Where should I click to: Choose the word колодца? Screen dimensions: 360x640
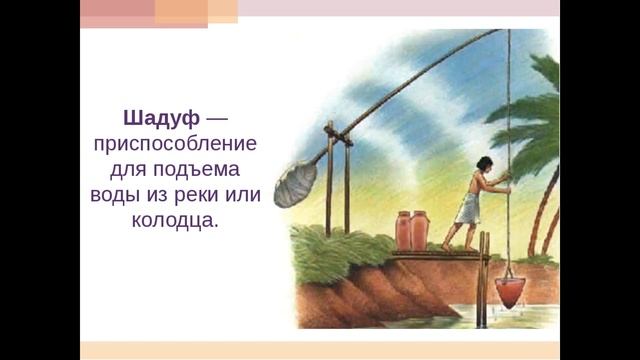[x=174, y=220]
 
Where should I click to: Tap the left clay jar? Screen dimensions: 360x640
[x=404, y=232]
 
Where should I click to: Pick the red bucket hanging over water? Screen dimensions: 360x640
[x=508, y=290]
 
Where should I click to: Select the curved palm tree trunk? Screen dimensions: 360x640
[x=547, y=200]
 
